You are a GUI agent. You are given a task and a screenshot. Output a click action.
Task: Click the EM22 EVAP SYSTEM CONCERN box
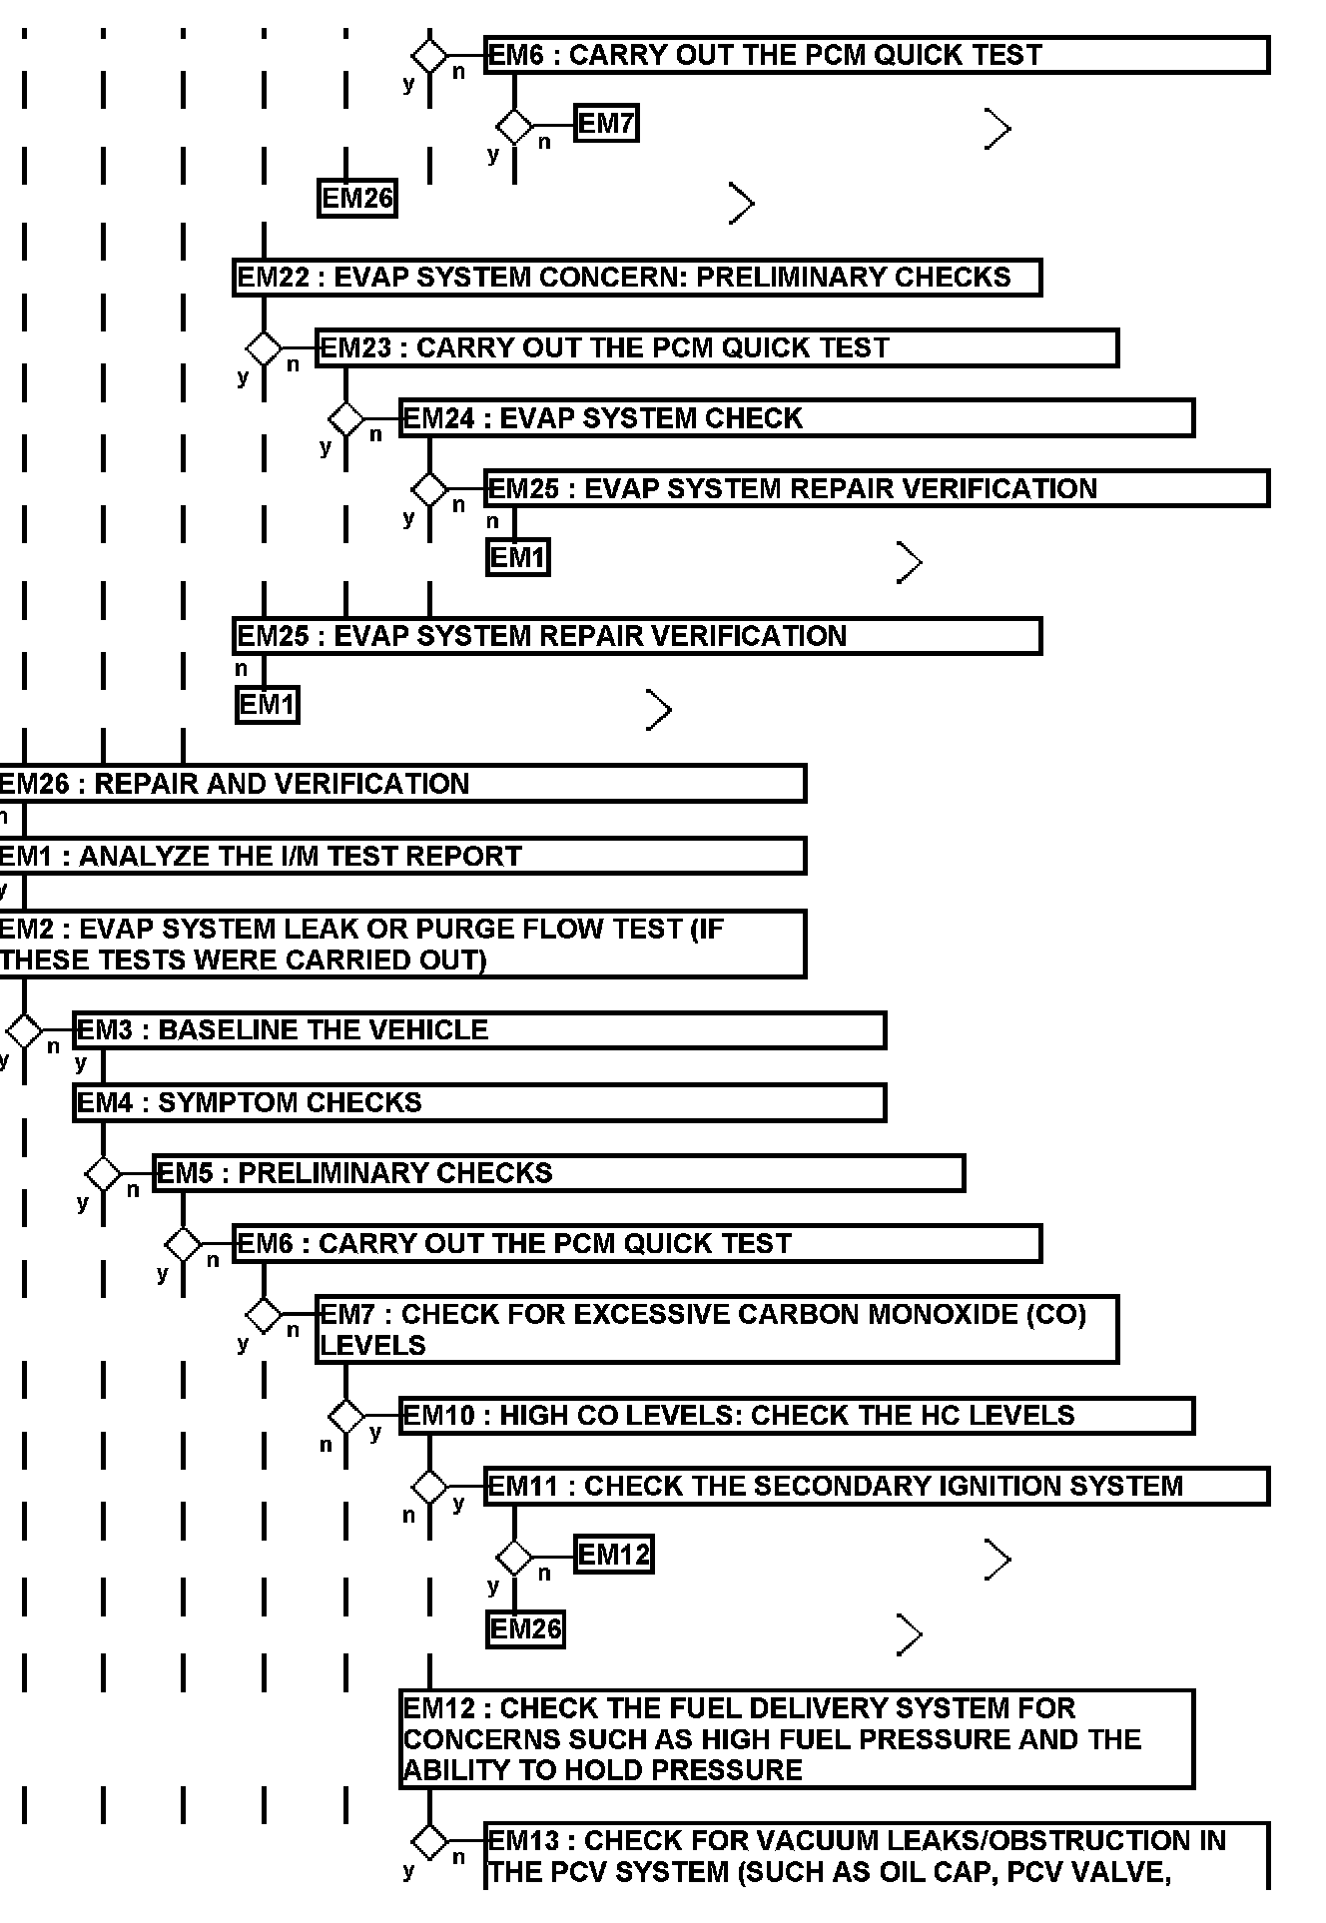pos(637,278)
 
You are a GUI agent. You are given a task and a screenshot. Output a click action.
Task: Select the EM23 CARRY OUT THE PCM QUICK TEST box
pos(716,348)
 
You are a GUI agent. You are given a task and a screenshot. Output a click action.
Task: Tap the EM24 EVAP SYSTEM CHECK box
pos(796,418)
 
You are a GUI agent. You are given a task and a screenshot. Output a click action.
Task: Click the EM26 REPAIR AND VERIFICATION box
pos(401,784)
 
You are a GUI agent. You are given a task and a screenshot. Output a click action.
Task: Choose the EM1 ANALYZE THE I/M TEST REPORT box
pos(401,857)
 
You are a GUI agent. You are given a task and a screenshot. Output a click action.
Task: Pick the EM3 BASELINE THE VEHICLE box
pos(479,1030)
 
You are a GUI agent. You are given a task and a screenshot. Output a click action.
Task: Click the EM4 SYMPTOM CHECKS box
pos(479,1103)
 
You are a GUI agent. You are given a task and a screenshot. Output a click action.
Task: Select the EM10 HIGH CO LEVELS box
pos(796,1416)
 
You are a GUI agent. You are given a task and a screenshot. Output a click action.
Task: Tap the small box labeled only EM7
pos(606,124)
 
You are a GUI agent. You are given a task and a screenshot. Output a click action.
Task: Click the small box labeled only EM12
pos(613,1555)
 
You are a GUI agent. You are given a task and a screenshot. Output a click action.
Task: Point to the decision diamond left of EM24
pos(346,419)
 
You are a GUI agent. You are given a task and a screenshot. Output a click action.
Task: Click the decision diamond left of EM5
pos(103,1174)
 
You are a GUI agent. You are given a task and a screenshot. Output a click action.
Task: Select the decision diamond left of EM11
pos(430,1487)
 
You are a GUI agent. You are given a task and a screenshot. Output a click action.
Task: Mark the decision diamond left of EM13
pos(430,1842)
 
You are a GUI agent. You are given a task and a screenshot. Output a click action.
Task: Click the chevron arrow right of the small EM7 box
pos(997,129)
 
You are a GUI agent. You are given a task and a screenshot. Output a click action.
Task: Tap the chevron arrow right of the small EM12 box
pos(997,1560)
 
